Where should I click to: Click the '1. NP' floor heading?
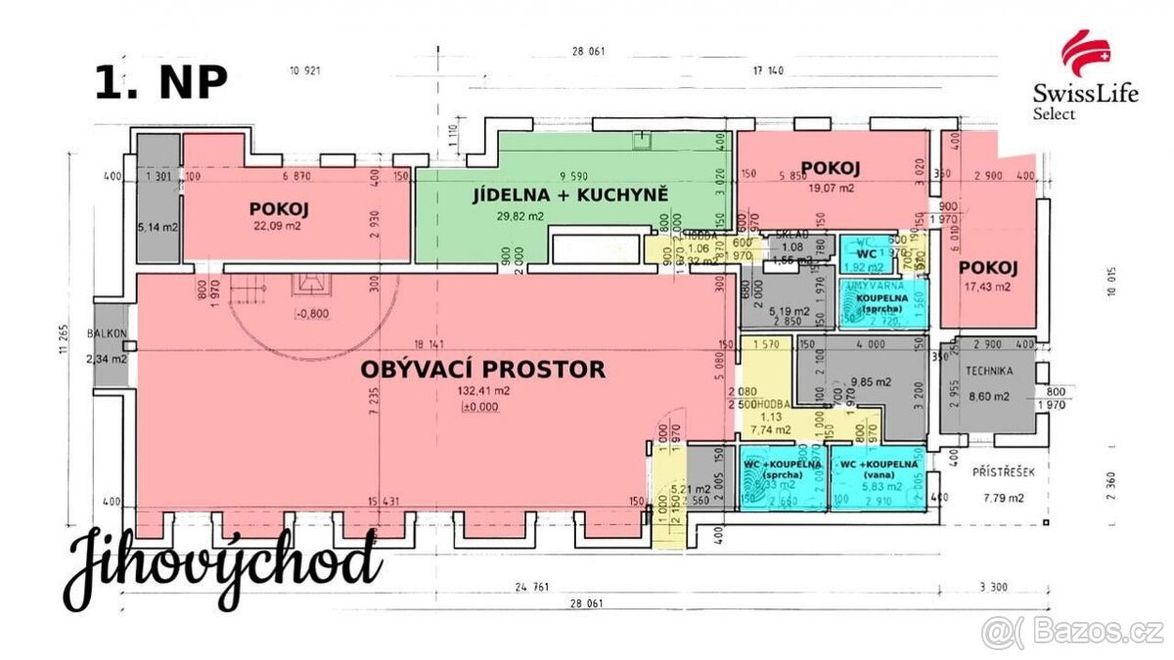pyautogui.click(x=161, y=83)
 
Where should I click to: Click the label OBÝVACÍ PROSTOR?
pyautogui.click(x=483, y=370)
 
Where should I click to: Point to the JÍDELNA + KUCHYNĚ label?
pyautogui.click(x=570, y=195)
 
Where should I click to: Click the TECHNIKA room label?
pyautogui.click(x=990, y=373)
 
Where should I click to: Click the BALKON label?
pyautogui.click(x=107, y=334)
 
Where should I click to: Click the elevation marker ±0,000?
pyautogui.click(x=479, y=408)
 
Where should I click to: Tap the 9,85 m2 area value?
pyautogui.click(x=867, y=382)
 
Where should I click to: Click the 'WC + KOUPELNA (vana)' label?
pyautogui.click(x=876, y=469)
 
